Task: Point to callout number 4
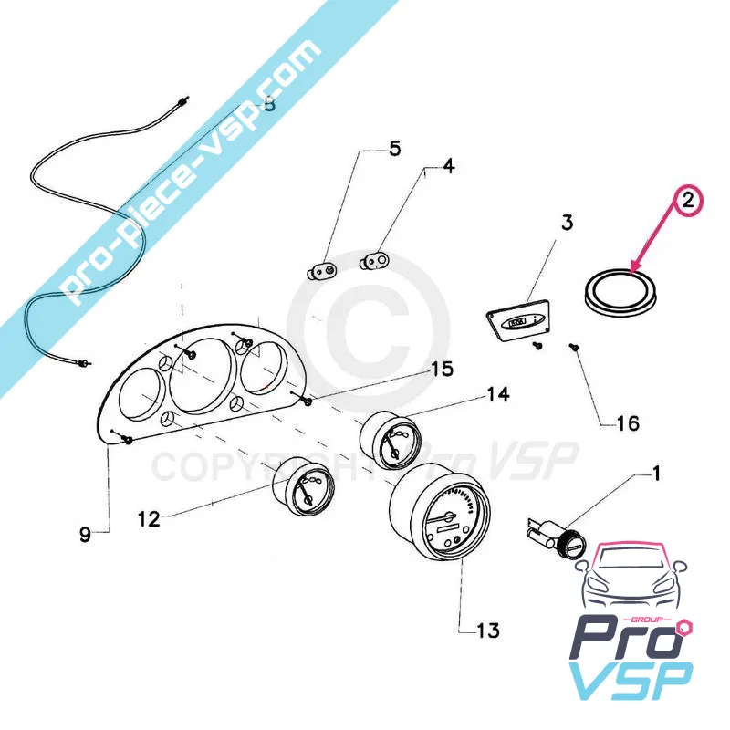click(x=448, y=166)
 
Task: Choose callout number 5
click(x=394, y=148)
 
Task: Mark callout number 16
click(x=628, y=423)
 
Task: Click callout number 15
click(x=442, y=370)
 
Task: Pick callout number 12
click(x=148, y=519)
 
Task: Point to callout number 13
click(x=488, y=631)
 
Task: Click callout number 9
click(x=85, y=535)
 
